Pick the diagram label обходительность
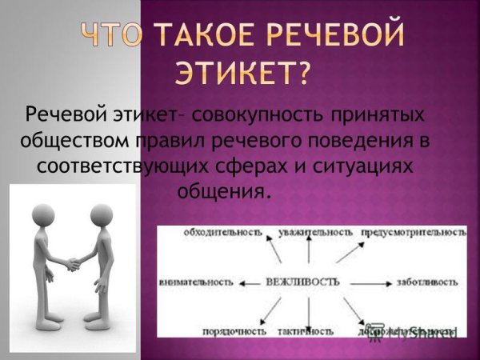[x=222, y=232]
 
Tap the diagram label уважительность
[x=315, y=232]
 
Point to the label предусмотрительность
[x=414, y=232]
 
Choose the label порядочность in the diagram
[x=234, y=330]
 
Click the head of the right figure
[x=101, y=214]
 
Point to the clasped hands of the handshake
[x=73, y=263]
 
